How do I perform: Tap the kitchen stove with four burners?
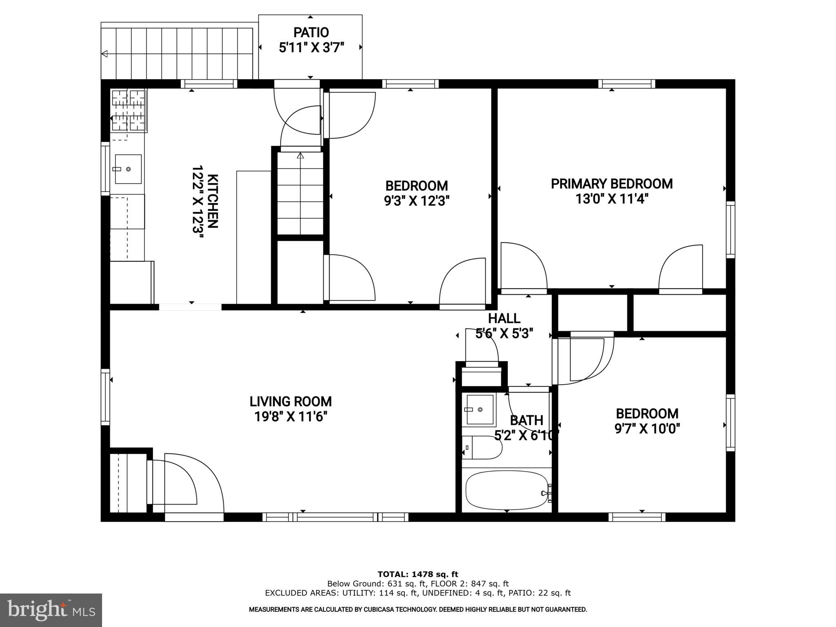129,110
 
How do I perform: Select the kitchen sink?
128,169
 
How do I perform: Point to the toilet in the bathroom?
482,447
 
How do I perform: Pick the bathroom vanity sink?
479,410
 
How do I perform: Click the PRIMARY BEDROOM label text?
611,184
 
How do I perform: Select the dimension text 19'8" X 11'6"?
291,417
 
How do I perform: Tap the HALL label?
504,318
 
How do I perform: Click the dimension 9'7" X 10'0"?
647,429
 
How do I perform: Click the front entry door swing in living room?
192,484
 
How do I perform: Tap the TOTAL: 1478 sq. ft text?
418,574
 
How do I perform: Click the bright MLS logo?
51,610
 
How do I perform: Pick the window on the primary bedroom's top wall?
627,84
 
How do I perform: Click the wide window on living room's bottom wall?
335,517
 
